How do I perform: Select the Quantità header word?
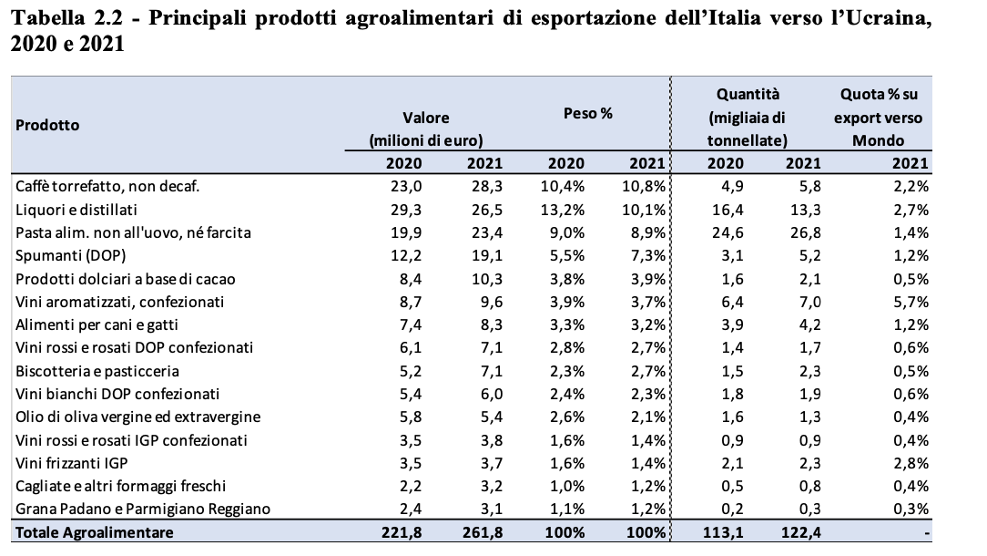(748, 94)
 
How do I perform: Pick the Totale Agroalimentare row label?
(95, 532)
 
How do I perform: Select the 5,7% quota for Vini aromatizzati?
(911, 302)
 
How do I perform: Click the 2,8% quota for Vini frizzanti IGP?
(911, 463)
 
